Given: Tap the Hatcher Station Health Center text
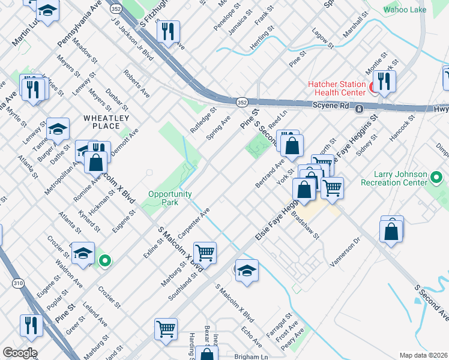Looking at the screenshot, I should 337,88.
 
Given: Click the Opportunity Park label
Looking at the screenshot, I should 170,198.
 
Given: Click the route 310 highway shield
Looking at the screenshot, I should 19,283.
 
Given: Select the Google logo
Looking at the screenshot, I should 19,353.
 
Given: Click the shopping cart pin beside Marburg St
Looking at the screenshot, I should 205,252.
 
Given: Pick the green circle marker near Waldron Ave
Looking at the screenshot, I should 105,260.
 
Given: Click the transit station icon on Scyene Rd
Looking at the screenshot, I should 358,109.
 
